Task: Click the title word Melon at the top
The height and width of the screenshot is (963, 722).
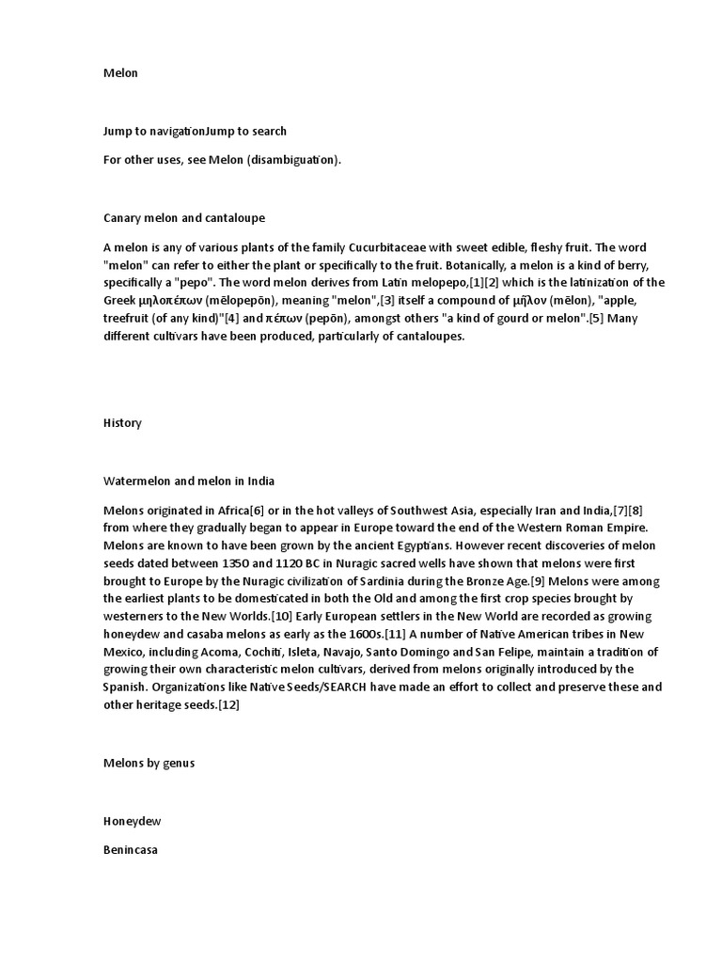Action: pos(120,73)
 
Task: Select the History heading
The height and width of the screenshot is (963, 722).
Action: pos(122,423)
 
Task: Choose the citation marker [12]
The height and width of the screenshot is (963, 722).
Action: pos(228,705)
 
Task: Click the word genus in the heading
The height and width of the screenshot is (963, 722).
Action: pos(178,764)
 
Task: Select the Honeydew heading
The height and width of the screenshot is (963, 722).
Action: pos(132,821)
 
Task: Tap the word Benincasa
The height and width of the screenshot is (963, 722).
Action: pos(131,850)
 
